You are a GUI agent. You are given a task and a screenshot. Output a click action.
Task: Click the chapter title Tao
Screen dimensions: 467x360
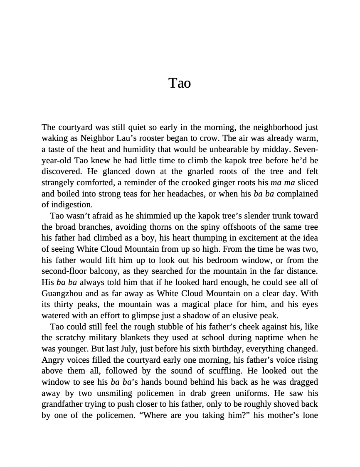click(x=180, y=83)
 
